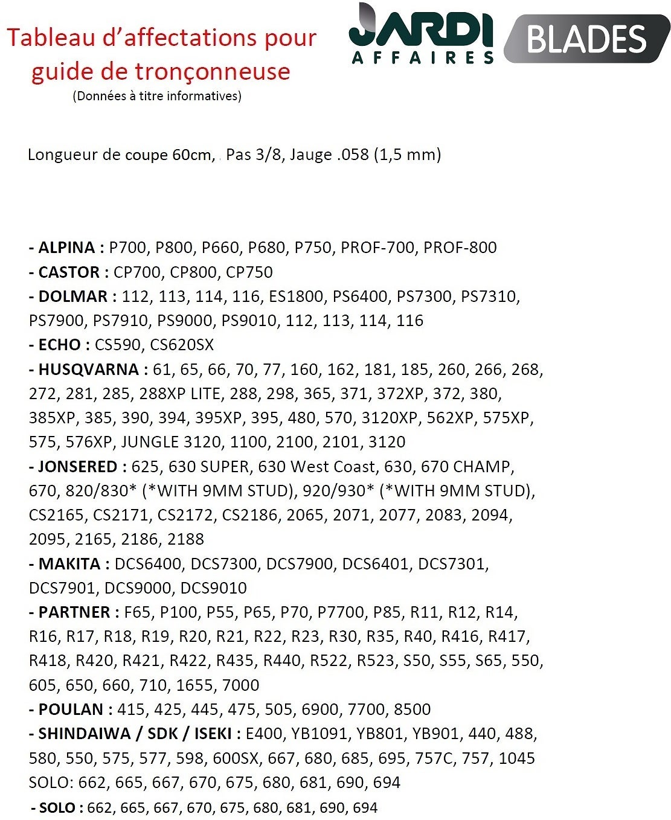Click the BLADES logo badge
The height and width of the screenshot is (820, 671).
pyautogui.click(x=586, y=39)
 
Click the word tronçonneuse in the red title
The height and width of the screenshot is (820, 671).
pyautogui.click(x=213, y=71)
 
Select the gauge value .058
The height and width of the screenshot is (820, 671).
pyautogui.click(x=353, y=155)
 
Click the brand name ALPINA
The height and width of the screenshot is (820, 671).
pyautogui.click(x=66, y=248)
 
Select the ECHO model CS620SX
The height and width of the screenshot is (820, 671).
pyautogui.click(x=182, y=345)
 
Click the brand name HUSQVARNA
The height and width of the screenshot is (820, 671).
pyautogui.click(x=89, y=370)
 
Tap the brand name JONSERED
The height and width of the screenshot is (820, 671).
pyautogui.click(x=77, y=467)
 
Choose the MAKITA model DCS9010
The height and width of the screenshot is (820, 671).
pyautogui.click(x=214, y=588)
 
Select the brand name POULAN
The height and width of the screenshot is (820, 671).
pyautogui.click(x=71, y=709)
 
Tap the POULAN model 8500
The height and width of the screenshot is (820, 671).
pyautogui.click(x=412, y=709)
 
